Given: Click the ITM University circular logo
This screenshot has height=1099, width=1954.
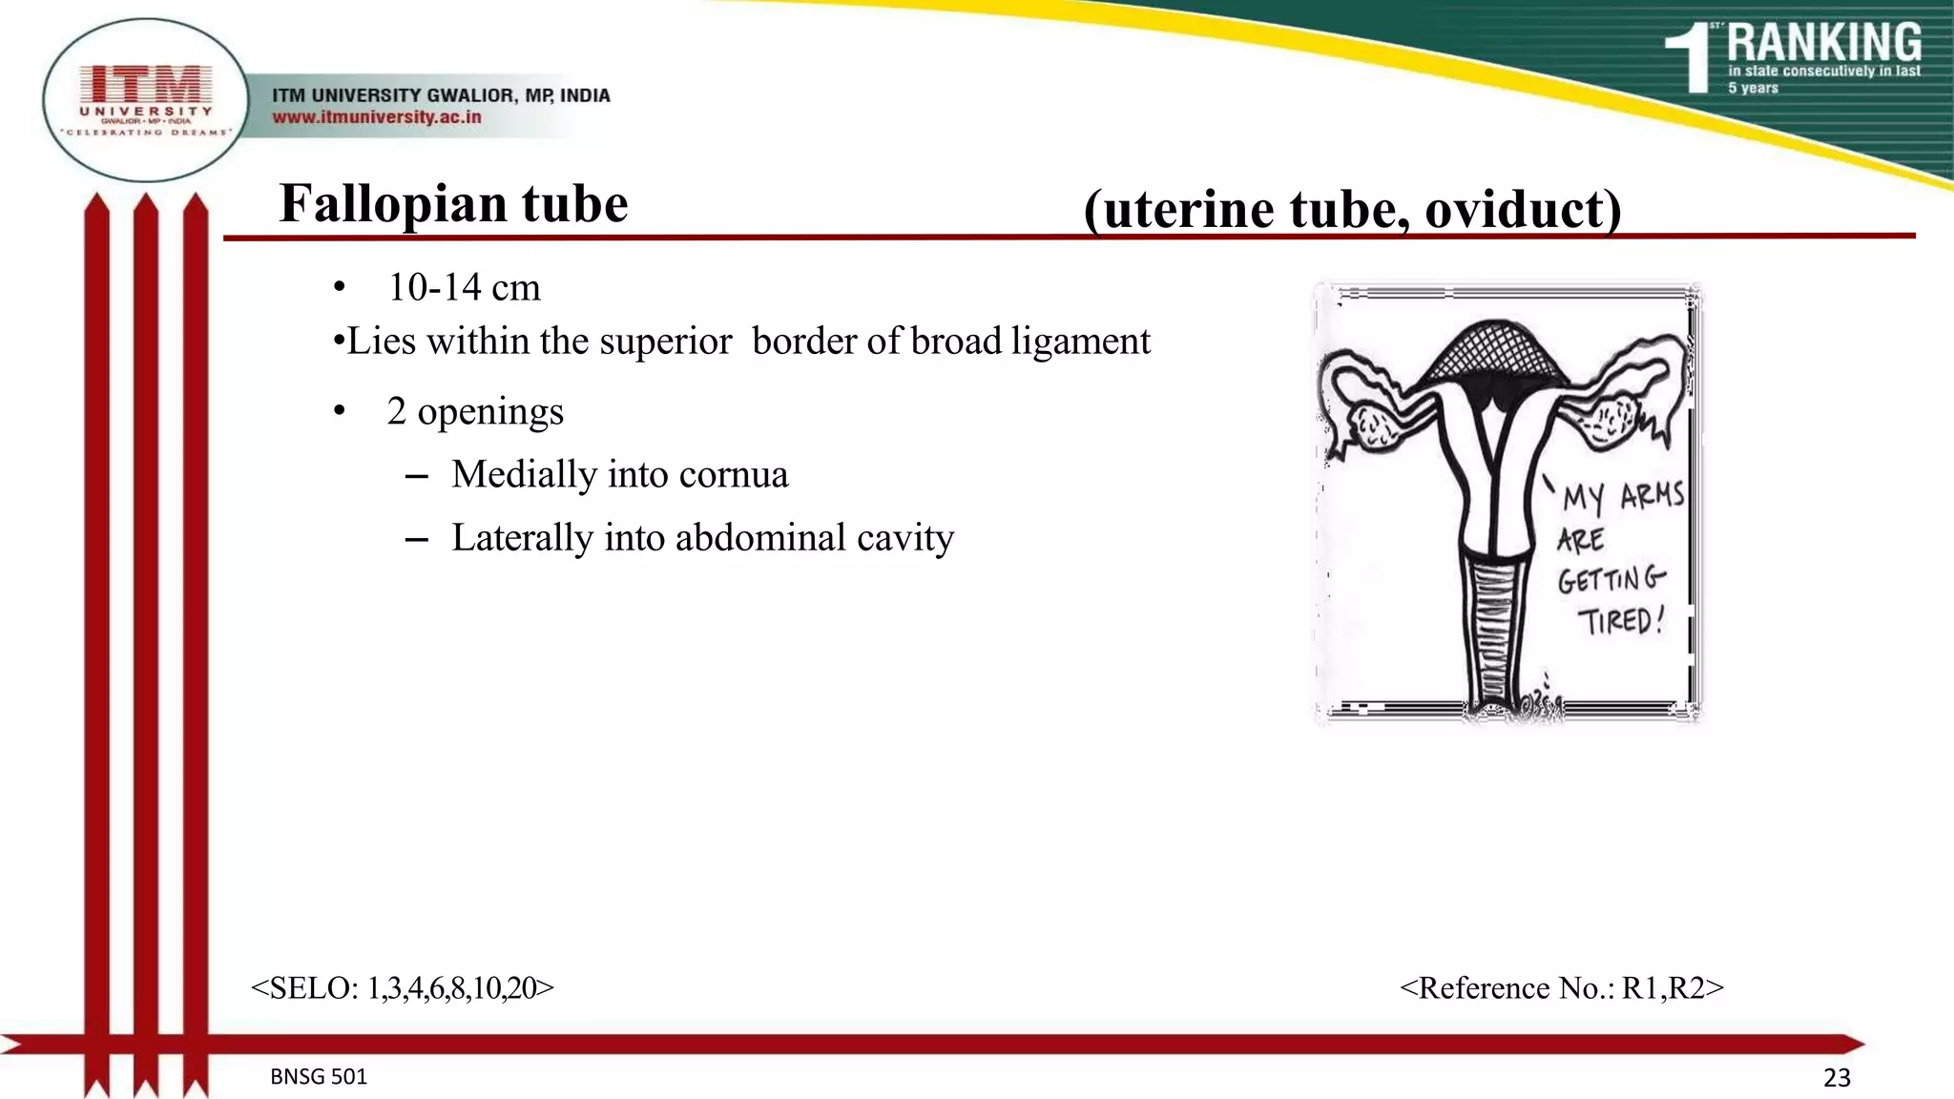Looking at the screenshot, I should [x=145, y=100].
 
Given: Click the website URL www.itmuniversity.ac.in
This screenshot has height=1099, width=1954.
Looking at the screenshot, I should [x=376, y=117].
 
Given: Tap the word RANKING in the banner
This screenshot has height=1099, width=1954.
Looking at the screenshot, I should [x=1823, y=44].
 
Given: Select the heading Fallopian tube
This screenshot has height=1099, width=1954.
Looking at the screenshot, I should [x=453, y=203].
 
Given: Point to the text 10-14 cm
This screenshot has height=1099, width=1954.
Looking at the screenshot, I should [x=464, y=287].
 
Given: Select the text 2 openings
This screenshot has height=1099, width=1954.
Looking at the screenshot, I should [x=475, y=411].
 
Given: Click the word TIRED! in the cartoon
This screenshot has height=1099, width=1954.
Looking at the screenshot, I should [x=1620, y=622].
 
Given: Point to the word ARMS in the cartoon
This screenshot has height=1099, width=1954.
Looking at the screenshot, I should [x=1652, y=495].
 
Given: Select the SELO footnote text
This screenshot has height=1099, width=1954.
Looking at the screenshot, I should [x=402, y=988].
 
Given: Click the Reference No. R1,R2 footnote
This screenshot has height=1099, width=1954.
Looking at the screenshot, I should [x=1561, y=988].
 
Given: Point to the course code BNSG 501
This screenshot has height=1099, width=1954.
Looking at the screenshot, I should [x=319, y=1077].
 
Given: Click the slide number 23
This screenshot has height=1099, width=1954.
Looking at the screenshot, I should [x=1837, y=1078].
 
